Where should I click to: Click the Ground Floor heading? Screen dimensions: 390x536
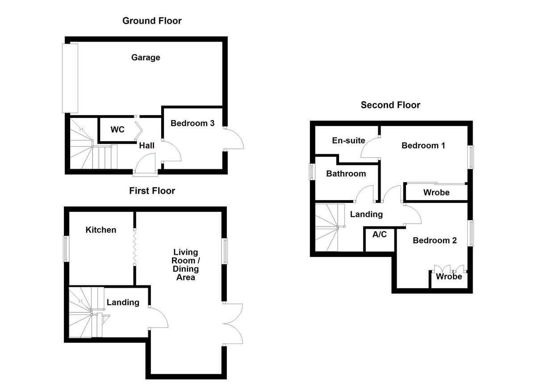click(152, 21)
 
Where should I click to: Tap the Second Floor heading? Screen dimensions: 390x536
click(390, 105)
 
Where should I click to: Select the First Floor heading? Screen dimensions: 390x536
click(152, 191)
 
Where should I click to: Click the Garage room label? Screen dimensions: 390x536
click(146, 58)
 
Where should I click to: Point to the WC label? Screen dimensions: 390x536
click(117, 130)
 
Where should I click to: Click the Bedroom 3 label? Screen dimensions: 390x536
click(193, 123)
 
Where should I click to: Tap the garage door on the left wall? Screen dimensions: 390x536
click(70, 78)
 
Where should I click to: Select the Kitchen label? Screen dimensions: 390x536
click(101, 230)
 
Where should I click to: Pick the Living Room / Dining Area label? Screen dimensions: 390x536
click(186, 265)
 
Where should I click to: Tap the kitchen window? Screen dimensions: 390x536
click(67, 248)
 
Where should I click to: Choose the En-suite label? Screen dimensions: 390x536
click(348, 140)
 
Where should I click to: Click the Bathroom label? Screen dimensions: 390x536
click(346, 174)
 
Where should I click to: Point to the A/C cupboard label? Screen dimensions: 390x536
click(380, 235)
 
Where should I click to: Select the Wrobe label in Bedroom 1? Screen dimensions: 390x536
click(436, 193)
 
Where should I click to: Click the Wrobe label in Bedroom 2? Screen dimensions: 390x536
click(449, 277)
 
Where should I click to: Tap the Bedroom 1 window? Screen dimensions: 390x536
click(470, 157)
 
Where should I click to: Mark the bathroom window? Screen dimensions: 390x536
click(312, 172)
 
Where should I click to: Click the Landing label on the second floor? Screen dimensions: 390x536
click(366, 214)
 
